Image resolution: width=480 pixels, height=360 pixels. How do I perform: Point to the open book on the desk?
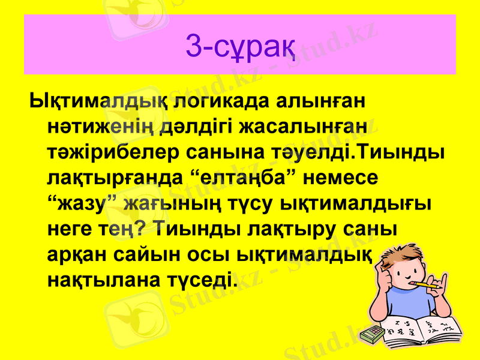[x=420, y=330]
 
